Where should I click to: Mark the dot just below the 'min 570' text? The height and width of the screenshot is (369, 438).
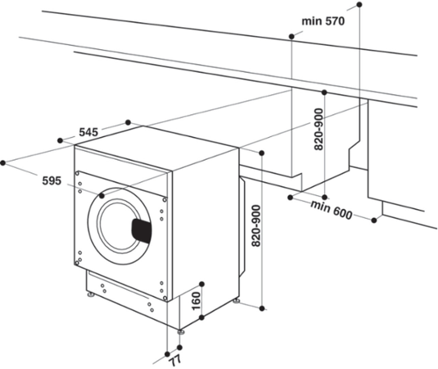tap(291, 37)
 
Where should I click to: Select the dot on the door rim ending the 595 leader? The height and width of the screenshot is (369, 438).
tap(102, 196)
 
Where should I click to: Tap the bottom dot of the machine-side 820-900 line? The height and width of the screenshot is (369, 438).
tap(263, 308)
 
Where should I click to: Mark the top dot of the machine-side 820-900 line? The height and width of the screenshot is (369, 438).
tap(263, 153)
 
